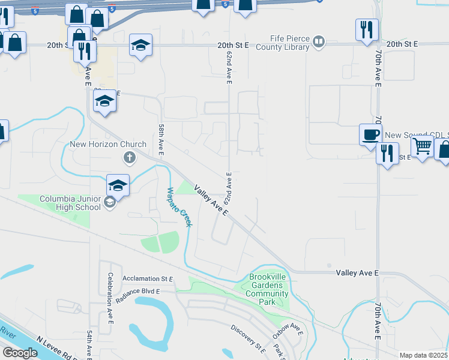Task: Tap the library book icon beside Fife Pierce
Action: [x=319, y=41]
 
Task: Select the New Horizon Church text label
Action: [x=108, y=144]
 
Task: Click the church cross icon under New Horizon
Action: [x=128, y=158]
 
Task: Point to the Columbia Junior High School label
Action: [x=70, y=203]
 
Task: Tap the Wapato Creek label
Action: [x=178, y=207]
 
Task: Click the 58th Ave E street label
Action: [x=161, y=140]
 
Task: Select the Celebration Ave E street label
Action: [x=110, y=298]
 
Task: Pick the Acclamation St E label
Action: [x=148, y=279]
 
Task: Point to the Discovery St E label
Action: [x=249, y=338]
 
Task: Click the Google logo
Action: [x=20, y=353]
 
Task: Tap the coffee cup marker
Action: [x=370, y=133]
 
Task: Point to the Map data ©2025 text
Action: [x=424, y=355]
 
